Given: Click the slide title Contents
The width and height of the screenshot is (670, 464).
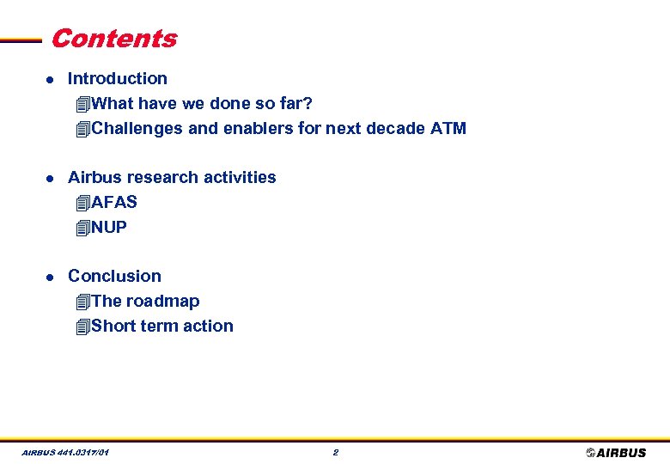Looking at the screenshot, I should point(113,39).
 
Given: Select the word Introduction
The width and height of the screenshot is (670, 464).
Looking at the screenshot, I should point(118,78).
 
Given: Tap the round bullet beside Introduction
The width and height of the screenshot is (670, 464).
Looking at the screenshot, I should point(50,79).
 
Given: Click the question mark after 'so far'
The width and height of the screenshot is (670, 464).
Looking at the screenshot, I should point(308,104).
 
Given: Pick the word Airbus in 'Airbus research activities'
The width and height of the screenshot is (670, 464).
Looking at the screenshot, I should point(94,178).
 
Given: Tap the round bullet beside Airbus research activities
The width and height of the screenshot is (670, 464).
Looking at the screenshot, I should point(50,178).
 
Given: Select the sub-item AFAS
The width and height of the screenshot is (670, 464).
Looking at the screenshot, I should point(114,203).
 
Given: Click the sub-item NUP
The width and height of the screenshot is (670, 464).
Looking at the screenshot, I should point(109,228).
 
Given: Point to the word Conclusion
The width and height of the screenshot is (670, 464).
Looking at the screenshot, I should point(114,276).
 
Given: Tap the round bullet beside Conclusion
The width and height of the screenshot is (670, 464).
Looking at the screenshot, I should point(50,277).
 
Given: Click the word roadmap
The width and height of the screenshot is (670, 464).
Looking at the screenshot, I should point(162,302).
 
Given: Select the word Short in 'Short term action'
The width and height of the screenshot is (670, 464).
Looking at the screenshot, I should point(114,327).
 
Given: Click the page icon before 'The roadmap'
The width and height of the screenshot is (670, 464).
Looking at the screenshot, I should point(82,302).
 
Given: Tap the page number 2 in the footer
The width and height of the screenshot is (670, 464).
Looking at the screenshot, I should point(335,452).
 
